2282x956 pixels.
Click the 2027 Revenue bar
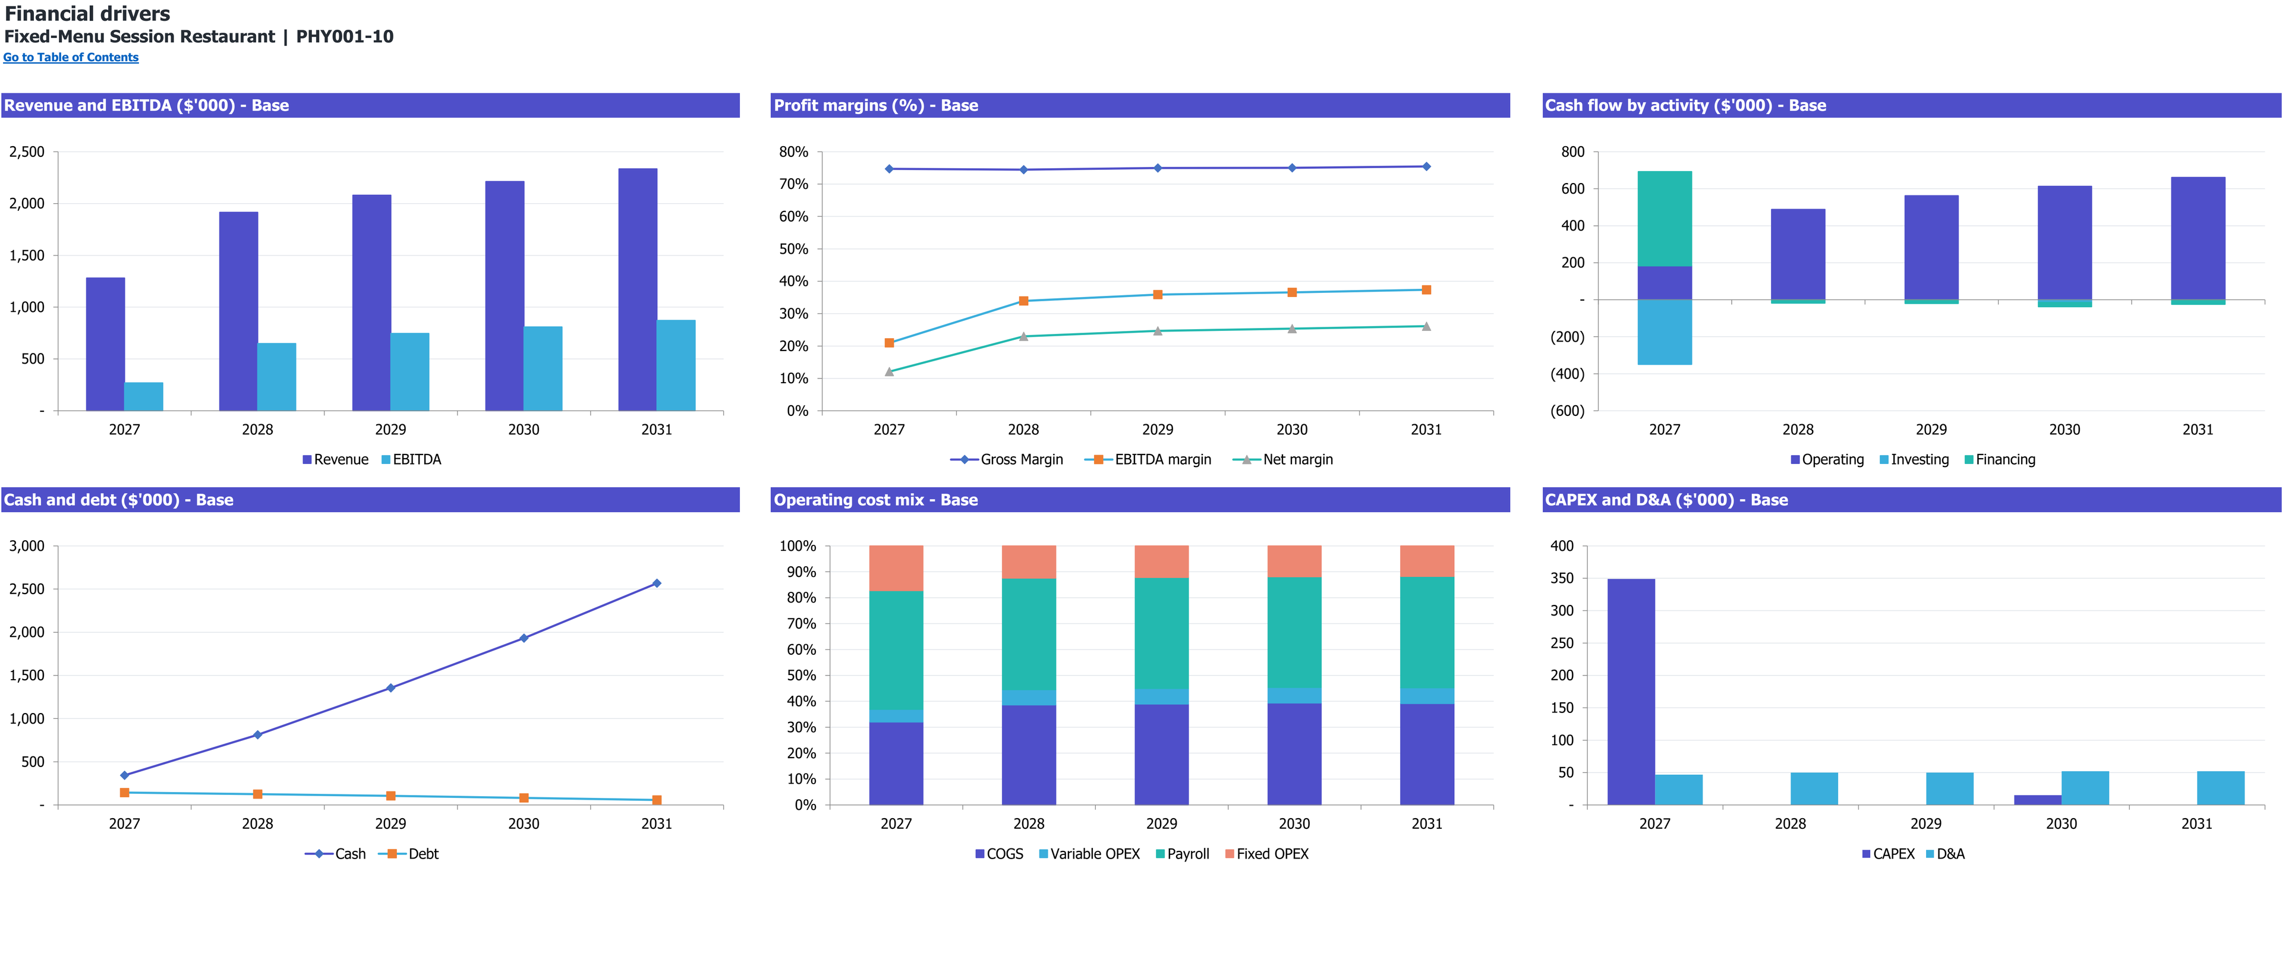coord(105,344)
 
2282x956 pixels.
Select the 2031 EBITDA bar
coord(676,365)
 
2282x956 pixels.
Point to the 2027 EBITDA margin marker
coord(890,343)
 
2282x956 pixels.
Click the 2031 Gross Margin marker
coord(1426,166)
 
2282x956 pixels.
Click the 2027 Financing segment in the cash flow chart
coord(1665,219)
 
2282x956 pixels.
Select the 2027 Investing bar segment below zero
coord(1665,332)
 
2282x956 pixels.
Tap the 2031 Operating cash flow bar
coord(2198,238)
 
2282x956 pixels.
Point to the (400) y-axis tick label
coord(1567,374)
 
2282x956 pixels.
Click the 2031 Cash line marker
coord(657,583)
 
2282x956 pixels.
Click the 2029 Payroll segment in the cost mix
coord(1161,633)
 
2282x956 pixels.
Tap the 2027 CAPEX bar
coord(1631,692)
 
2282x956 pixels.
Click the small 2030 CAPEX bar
coord(2038,800)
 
